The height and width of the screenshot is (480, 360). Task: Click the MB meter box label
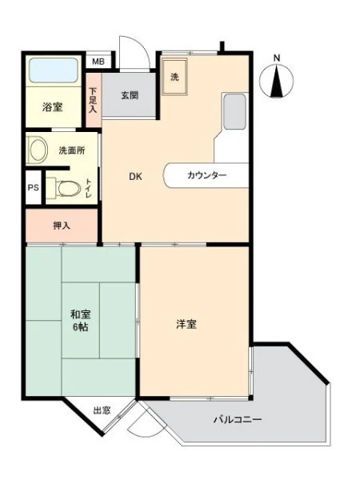[98, 62]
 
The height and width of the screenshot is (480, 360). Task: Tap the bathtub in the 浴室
[54, 70]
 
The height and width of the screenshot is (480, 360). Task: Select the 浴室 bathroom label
[52, 107]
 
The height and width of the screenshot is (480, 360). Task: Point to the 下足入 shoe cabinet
[93, 100]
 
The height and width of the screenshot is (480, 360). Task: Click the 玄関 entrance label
[130, 95]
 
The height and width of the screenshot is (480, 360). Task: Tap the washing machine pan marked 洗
[174, 78]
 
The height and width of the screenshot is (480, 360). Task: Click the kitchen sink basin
[234, 112]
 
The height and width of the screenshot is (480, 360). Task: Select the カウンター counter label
[206, 175]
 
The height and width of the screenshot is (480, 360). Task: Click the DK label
[135, 177]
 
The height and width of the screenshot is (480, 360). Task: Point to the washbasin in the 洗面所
[38, 150]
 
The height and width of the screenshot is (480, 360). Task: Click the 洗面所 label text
[72, 150]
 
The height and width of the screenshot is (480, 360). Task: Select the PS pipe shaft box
[34, 187]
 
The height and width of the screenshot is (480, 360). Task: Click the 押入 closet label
[62, 226]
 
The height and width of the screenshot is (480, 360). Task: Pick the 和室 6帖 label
[81, 321]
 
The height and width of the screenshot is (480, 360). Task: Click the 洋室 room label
[186, 324]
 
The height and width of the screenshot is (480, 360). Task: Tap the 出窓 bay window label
[102, 410]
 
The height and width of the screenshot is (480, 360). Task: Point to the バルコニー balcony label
[238, 419]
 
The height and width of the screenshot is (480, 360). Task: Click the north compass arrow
[277, 82]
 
